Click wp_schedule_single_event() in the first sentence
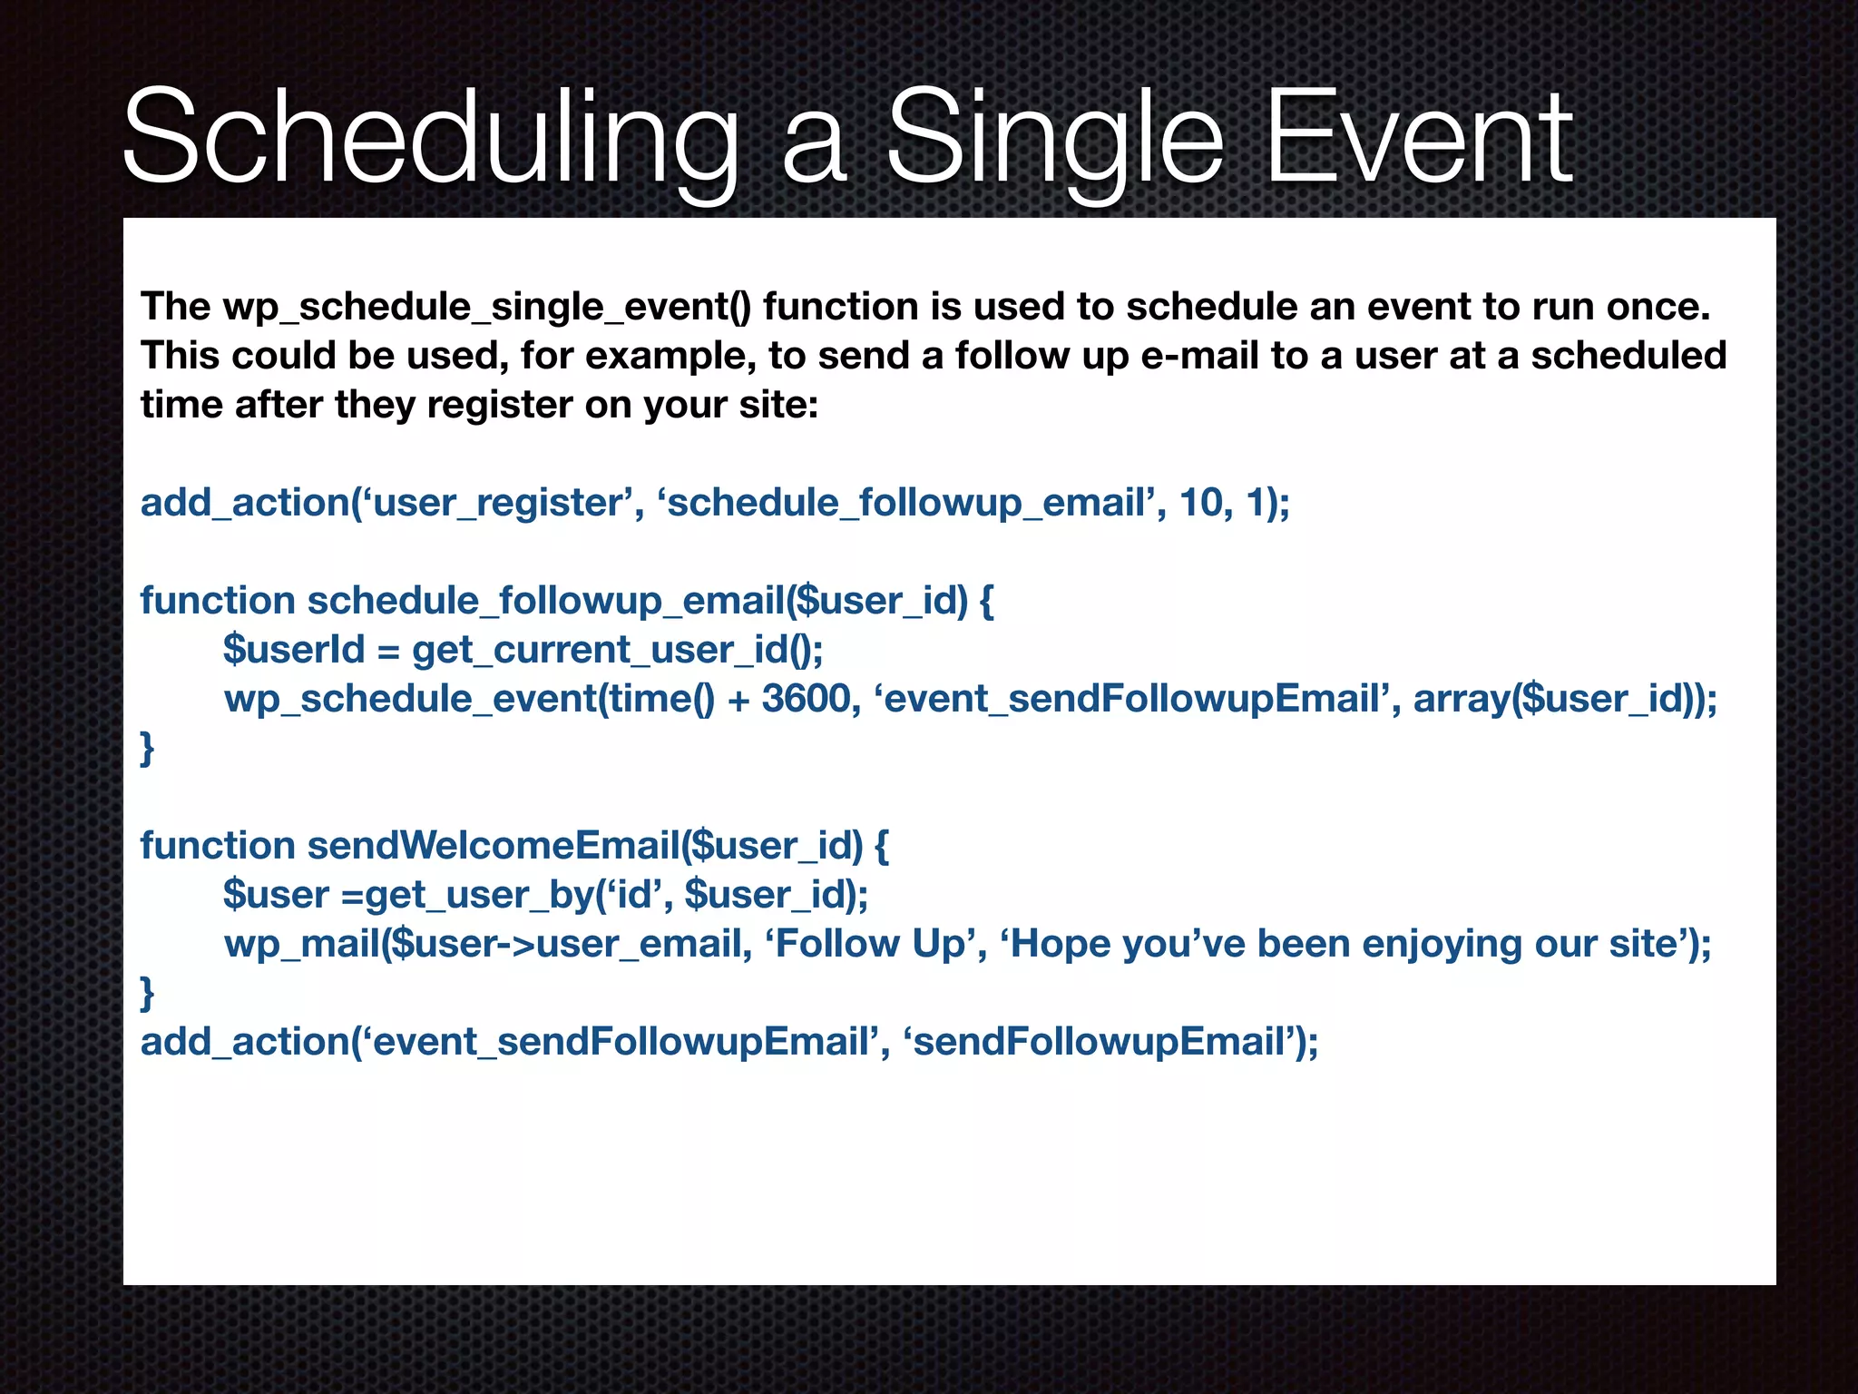pyautogui.click(x=486, y=307)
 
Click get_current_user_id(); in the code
pyautogui.click(x=618, y=650)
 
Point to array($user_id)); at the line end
pyautogui.click(x=1565, y=699)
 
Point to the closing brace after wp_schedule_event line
pyautogui.click(x=147, y=748)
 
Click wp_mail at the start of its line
pyautogui.click(x=300, y=944)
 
